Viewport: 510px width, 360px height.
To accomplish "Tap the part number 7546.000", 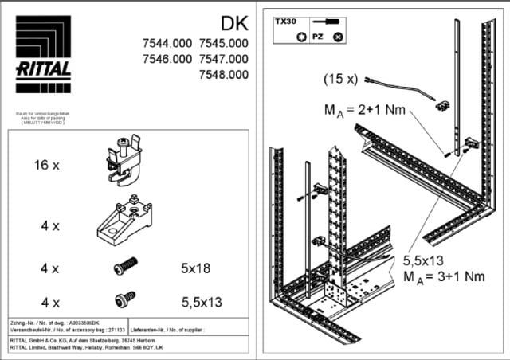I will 167,59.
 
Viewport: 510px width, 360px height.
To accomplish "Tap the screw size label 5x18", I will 195,268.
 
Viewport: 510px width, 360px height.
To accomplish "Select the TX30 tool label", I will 285,22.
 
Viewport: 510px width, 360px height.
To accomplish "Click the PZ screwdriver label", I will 317,37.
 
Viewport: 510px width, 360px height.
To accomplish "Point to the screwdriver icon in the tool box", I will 327,22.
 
